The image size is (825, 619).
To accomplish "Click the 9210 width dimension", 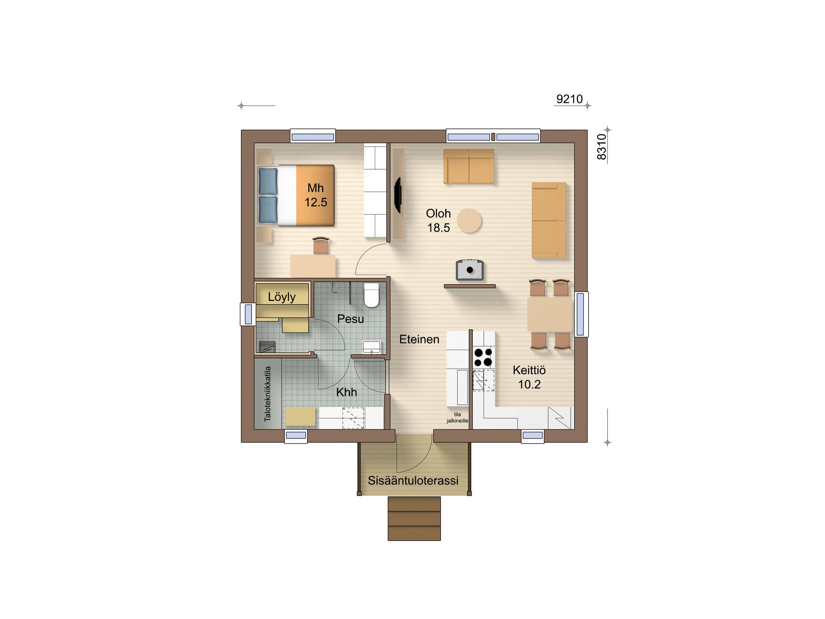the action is (x=569, y=99).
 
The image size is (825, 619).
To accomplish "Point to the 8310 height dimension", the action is (x=602, y=147).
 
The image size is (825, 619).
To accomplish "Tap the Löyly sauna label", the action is (x=282, y=297).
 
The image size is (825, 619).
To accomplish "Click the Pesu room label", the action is (x=350, y=319).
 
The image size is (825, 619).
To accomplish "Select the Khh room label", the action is (x=346, y=392).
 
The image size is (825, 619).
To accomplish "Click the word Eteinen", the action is (x=419, y=339).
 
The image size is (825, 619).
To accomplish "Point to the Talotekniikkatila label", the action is (x=267, y=394).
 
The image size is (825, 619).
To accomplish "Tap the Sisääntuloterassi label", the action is (x=413, y=481).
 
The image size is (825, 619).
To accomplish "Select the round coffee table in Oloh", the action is (x=469, y=221).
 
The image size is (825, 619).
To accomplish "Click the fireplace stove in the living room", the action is (x=470, y=270).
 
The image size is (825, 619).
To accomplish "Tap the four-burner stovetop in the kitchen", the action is (x=483, y=357).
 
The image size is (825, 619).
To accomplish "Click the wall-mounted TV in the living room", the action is (x=398, y=195).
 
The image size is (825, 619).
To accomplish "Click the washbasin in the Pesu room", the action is (x=372, y=347).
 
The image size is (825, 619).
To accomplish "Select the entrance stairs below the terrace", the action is (x=414, y=519).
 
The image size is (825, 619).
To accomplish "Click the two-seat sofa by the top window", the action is (x=468, y=166).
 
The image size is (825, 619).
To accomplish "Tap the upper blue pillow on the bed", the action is (x=268, y=181).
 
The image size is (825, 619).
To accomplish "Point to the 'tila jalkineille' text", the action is (x=457, y=418).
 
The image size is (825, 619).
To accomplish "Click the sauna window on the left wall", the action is (x=248, y=314).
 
